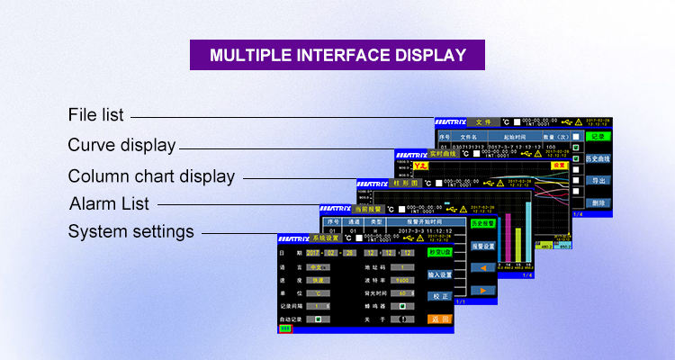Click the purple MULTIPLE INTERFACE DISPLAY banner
(x=337, y=55)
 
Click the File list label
(x=96, y=115)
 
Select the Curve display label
(x=121, y=146)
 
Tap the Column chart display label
(x=151, y=176)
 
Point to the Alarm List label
(x=109, y=203)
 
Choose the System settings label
(x=130, y=231)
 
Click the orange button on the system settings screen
(x=439, y=319)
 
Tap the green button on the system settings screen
(x=439, y=253)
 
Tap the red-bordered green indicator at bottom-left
(x=285, y=328)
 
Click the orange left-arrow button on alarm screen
(x=483, y=267)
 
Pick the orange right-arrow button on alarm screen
(x=483, y=290)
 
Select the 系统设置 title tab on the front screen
(x=326, y=238)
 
